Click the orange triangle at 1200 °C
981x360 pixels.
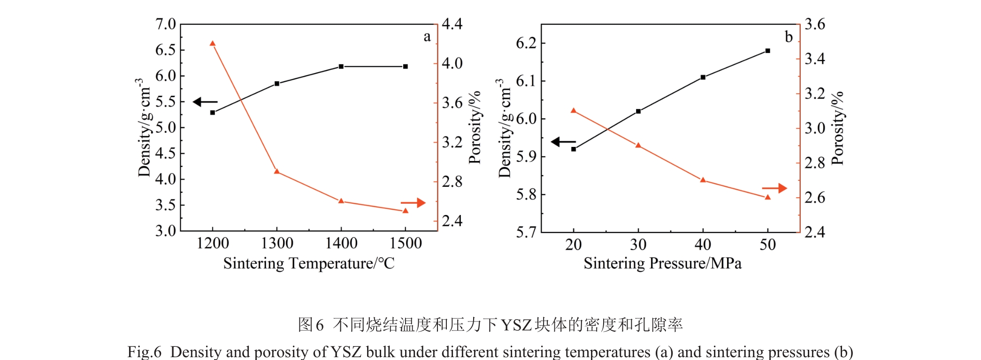(212, 44)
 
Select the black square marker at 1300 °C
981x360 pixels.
(277, 84)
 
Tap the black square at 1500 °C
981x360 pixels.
(406, 67)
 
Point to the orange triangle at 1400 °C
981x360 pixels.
(341, 201)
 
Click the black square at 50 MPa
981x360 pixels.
(768, 51)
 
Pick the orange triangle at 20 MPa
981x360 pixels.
(574, 111)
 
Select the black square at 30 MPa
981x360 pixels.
(638, 111)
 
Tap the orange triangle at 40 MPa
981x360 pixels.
(703, 180)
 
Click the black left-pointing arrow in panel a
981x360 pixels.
(205, 102)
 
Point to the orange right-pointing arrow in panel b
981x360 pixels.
(774, 188)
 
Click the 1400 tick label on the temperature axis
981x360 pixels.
(341, 243)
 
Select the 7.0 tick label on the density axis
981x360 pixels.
(165, 24)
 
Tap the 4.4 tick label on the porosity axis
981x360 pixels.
(452, 24)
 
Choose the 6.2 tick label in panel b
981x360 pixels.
(526, 43)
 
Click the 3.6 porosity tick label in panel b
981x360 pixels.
(814, 24)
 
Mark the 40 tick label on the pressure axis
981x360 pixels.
(703, 245)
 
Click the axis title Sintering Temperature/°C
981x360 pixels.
(309, 263)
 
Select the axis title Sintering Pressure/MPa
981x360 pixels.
(662, 263)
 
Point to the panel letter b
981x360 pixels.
(789, 37)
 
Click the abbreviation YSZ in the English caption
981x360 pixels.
(347, 352)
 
